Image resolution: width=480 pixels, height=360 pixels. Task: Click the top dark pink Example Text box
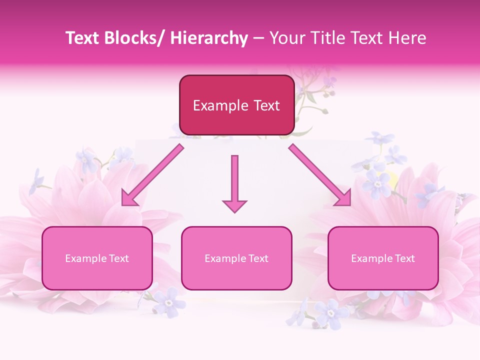point(236,105)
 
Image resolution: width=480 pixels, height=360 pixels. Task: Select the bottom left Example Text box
point(97,258)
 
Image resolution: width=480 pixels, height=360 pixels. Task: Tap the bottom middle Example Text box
point(236,258)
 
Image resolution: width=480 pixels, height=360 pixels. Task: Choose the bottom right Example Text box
point(383,258)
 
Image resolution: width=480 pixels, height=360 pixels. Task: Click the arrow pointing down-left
point(152,175)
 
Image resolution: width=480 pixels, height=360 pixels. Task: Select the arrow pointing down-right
point(320,175)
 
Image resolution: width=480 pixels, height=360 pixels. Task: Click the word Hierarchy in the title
point(209,38)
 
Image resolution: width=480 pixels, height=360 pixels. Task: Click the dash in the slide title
point(258,38)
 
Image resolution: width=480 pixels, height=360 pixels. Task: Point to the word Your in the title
point(286,38)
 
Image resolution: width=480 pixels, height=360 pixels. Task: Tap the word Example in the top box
point(220,105)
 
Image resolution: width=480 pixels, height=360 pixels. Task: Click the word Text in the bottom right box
point(404,258)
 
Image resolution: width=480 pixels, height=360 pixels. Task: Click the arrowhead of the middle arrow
point(235,205)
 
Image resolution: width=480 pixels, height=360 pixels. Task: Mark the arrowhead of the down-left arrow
point(128,198)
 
